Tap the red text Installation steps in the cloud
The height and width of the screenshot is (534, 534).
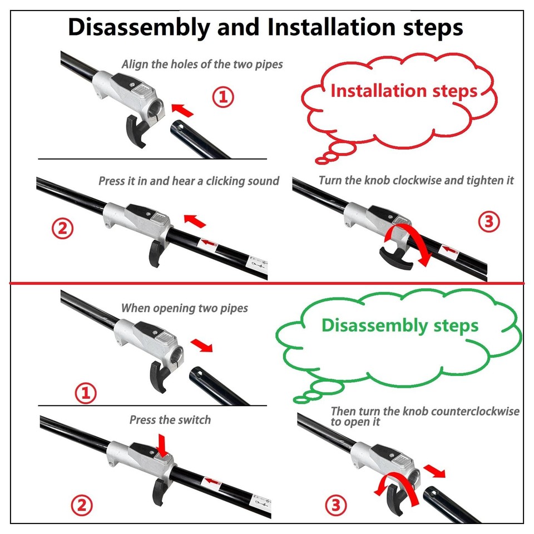[x=404, y=91]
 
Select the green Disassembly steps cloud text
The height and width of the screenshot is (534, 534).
[x=400, y=325]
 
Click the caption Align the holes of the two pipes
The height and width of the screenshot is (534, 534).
[x=202, y=64]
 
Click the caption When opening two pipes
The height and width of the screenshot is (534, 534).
[x=184, y=308]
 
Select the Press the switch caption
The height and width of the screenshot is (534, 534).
[x=170, y=419]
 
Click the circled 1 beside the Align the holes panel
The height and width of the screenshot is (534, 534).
[x=223, y=97]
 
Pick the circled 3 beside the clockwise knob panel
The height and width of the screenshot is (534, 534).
[x=488, y=222]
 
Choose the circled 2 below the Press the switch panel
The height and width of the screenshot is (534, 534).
[x=81, y=506]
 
